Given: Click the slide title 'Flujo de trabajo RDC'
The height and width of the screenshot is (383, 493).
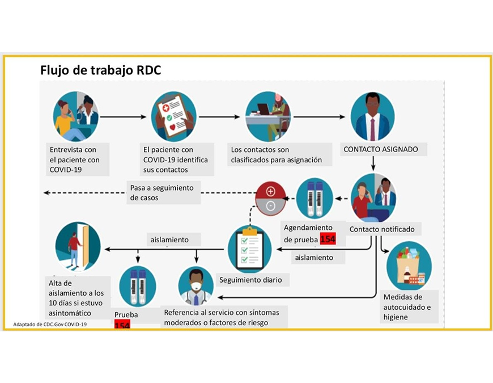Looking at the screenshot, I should [x=100, y=70].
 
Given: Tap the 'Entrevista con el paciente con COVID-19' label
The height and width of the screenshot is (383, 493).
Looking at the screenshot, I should [x=75, y=159].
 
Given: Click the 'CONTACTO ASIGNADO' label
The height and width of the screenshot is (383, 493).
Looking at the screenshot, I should [x=381, y=149].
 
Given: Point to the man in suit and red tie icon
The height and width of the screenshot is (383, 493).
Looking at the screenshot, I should [x=372, y=116].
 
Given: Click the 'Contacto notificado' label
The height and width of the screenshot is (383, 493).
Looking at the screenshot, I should [x=382, y=229].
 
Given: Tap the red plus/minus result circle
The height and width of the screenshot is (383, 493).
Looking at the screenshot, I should [x=270, y=197].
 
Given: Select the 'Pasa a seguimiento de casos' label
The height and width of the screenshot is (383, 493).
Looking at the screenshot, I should [x=163, y=193].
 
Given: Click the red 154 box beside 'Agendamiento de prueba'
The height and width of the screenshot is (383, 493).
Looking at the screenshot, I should [x=328, y=239].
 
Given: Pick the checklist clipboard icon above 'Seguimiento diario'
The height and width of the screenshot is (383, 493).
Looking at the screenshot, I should [x=249, y=250].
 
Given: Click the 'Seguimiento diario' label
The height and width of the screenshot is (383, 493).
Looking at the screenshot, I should [x=250, y=280].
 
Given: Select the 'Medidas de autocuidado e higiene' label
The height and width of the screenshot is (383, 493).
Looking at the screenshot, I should [x=407, y=307].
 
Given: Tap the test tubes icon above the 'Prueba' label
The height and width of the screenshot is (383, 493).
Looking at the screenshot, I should [x=138, y=286].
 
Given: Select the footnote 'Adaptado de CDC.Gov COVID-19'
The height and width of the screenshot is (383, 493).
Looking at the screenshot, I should [x=50, y=325].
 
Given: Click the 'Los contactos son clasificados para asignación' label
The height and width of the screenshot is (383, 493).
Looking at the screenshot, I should [x=276, y=155].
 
